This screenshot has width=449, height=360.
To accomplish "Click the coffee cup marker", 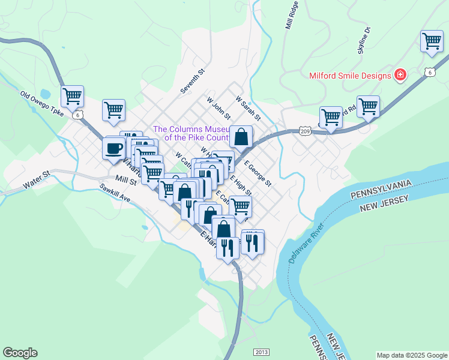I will pyautogui.click(x=113, y=148).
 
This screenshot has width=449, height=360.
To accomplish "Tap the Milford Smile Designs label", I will pyautogui.click(x=350, y=76).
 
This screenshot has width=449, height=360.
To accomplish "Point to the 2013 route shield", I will pyautogui.click(x=261, y=352).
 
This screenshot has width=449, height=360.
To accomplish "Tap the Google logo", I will pyautogui.click(x=20, y=353).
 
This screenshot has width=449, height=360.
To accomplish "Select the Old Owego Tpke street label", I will pyautogui.click(x=41, y=103).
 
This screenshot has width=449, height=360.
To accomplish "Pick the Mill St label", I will pyautogui.click(x=127, y=179).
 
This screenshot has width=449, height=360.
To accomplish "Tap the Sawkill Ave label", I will pyautogui.click(x=115, y=193).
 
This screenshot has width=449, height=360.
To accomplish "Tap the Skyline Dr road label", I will pyautogui.click(x=364, y=41).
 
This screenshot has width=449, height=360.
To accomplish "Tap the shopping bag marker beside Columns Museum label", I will pyautogui.click(x=241, y=137).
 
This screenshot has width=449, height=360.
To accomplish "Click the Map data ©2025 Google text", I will pyautogui.click(x=412, y=355).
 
